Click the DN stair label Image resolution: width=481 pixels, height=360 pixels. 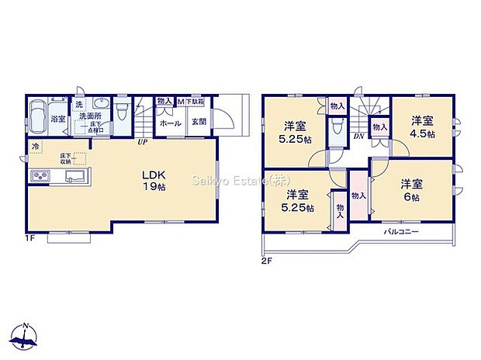click(x=360, y=137)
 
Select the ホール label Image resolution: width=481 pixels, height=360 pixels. click(x=170, y=123)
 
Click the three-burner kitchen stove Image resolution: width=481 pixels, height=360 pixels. click(x=40, y=178)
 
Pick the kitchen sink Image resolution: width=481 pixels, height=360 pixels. click(x=77, y=178)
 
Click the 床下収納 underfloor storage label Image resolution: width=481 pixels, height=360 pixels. click(x=66, y=159)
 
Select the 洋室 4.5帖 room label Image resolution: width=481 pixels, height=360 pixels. click(x=422, y=126)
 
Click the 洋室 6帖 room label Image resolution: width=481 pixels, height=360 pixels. click(x=411, y=190)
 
